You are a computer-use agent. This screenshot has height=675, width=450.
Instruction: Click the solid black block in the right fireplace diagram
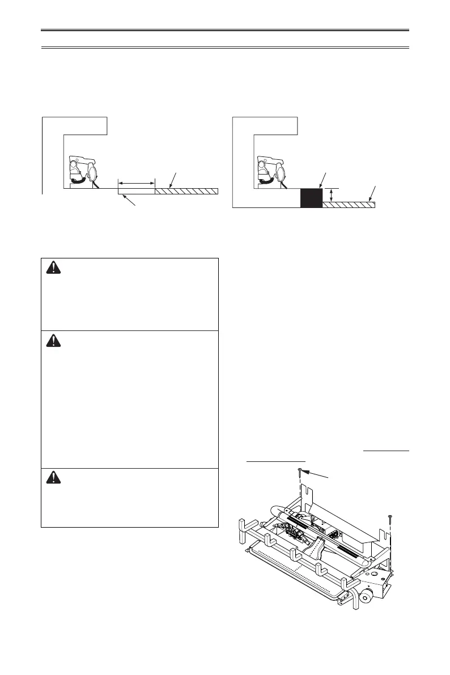[x=311, y=198]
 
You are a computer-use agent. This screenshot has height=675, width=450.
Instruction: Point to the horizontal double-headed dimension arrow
[x=136, y=182]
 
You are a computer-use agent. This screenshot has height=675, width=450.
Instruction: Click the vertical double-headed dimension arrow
[x=332, y=196]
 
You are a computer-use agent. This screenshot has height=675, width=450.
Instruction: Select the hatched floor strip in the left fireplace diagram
[x=186, y=191]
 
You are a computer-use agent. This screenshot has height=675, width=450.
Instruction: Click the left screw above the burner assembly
[x=299, y=472]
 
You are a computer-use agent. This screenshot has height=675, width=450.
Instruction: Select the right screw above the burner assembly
[x=390, y=516]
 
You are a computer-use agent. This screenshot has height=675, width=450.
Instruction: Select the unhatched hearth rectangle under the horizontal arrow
[x=136, y=192]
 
